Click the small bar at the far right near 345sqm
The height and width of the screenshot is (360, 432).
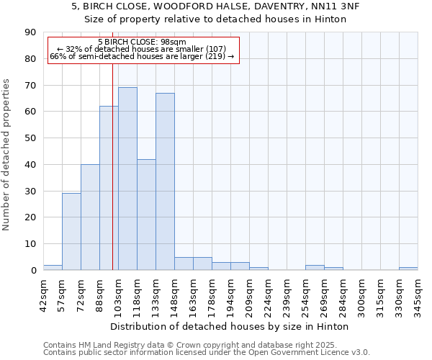(408, 269)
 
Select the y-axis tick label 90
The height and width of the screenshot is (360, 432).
(30, 32)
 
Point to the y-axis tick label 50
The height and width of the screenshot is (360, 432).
(30, 138)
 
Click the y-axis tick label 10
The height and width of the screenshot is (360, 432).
(30, 244)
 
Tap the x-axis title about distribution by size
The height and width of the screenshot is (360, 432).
(230, 326)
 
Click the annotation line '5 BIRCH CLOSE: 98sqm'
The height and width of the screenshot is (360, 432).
(142, 42)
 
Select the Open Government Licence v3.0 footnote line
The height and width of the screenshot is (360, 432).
(207, 353)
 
